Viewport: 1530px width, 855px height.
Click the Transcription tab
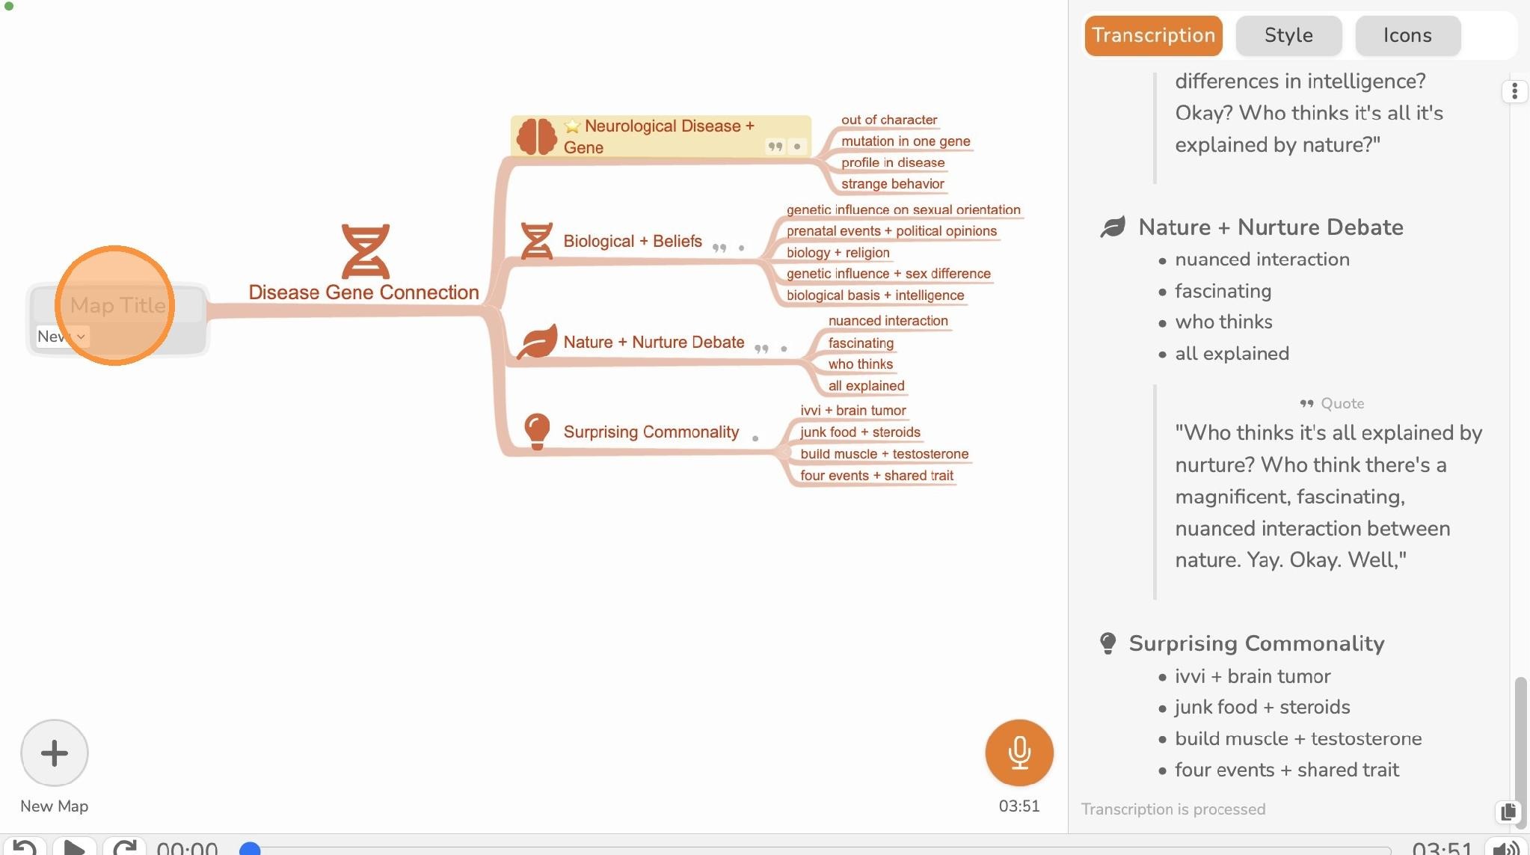tap(1153, 35)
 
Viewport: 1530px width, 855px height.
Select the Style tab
tap(1288, 35)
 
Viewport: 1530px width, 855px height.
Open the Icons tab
tap(1407, 35)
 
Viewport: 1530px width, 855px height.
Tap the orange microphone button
tap(1019, 753)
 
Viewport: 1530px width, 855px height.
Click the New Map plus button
tap(55, 753)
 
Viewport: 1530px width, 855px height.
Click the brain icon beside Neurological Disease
tap(536, 137)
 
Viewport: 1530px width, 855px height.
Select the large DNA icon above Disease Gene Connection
tap(365, 251)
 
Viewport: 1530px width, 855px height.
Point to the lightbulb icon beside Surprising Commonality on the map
tap(537, 432)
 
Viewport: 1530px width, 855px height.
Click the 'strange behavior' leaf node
tap(892, 184)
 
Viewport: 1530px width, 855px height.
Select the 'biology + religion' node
tap(838, 253)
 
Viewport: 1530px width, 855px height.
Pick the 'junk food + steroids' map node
tap(860, 432)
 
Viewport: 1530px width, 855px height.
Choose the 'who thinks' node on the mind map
tap(860, 364)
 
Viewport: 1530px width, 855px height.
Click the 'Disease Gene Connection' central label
tap(363, 292)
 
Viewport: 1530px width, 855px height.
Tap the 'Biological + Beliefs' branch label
tap(633, 241)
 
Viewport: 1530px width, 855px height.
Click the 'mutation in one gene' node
tap(906, 141)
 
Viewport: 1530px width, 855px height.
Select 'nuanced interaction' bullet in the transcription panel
tap(1262, 260)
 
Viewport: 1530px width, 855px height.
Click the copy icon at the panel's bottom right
tap(1508, 812)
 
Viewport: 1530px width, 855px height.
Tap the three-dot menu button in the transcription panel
tap(1514, 91)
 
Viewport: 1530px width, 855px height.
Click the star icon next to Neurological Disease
tap(572, 126)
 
